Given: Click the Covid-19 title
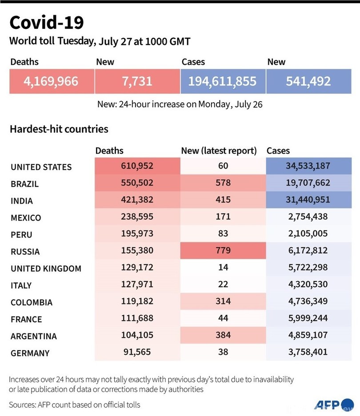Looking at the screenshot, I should (x=46, y=23).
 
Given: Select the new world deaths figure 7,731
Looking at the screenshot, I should (x=137, y=82).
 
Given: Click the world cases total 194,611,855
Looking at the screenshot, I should (x=223, y=82).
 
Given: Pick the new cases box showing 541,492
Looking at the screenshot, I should (x=308, y=82).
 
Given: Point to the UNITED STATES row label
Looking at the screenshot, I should (x=41, y=167).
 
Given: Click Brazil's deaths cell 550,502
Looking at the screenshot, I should (x=137, y=183).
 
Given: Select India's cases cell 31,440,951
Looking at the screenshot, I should (x=308, y=200).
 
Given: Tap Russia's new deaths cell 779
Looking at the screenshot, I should (x=223, y=250).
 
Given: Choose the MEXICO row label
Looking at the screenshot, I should (x=26, y=218).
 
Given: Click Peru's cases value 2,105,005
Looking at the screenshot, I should (x=308, y=234).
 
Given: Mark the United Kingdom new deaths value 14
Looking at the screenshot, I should (x=223, y=267).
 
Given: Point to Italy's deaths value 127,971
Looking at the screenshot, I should (x=137, y=284).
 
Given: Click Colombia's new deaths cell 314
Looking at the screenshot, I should (x=223, y=301).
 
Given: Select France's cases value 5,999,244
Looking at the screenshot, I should (x=308, y=318).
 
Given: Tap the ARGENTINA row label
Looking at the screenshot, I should (x=34, y=336).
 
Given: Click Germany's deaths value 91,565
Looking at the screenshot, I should (x=137, y=352).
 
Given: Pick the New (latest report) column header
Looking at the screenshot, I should (x=219, y=151).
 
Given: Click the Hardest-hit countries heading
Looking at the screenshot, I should (x=59, y=129).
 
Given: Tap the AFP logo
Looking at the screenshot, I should (x=328, y=404).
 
